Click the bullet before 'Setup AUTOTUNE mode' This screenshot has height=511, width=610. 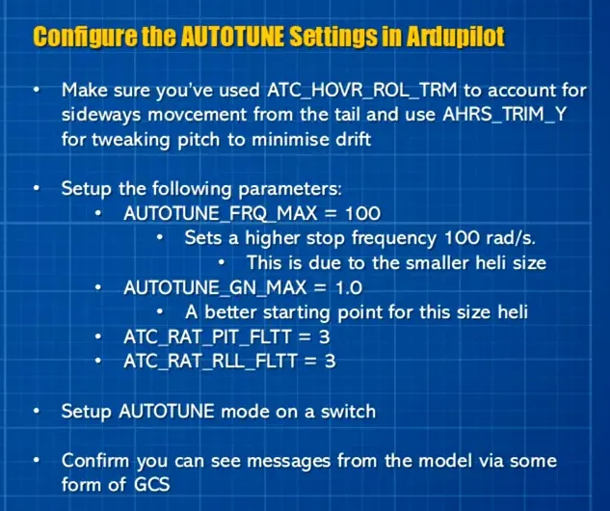click(x=38, y=412)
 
